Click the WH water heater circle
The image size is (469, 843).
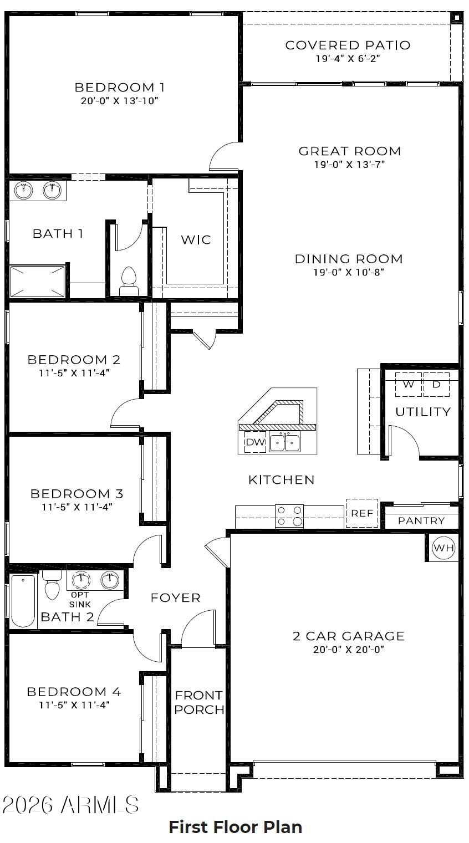coord(444,548)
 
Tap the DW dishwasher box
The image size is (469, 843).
coord(255,442)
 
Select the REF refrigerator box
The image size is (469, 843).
coord(361,513)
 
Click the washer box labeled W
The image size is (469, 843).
coord(409,384)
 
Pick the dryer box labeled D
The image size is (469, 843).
coord(437,384)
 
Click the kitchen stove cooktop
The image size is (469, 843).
coord(289,515)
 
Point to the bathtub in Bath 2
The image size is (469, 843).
coord(23,601)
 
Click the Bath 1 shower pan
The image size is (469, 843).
coord(37,281)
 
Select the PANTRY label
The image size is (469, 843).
coord(421,520)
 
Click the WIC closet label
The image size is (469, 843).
coord(196,239)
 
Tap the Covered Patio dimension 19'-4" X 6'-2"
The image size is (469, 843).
coord(348,59)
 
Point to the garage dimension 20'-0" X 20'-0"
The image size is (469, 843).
coord(349,650)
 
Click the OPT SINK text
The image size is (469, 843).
coord(80,600)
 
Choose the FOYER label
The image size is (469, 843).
coord(175,597)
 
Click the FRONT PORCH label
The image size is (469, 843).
coord(199,702)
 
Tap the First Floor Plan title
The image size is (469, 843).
coord(235,827)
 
